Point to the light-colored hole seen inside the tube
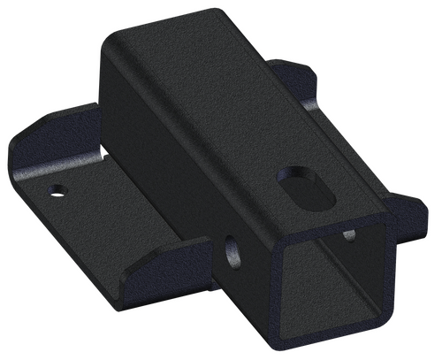click(348, 234)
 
